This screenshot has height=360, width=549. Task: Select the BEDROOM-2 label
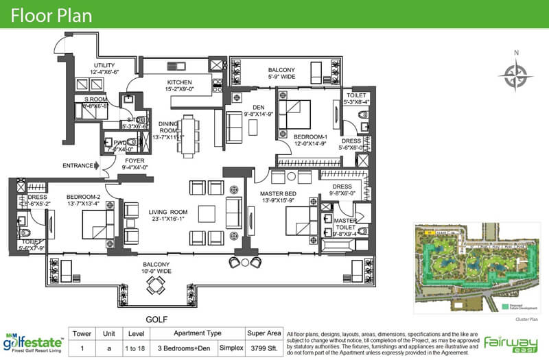pos(74,194)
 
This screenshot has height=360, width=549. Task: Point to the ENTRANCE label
pos(78,165)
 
